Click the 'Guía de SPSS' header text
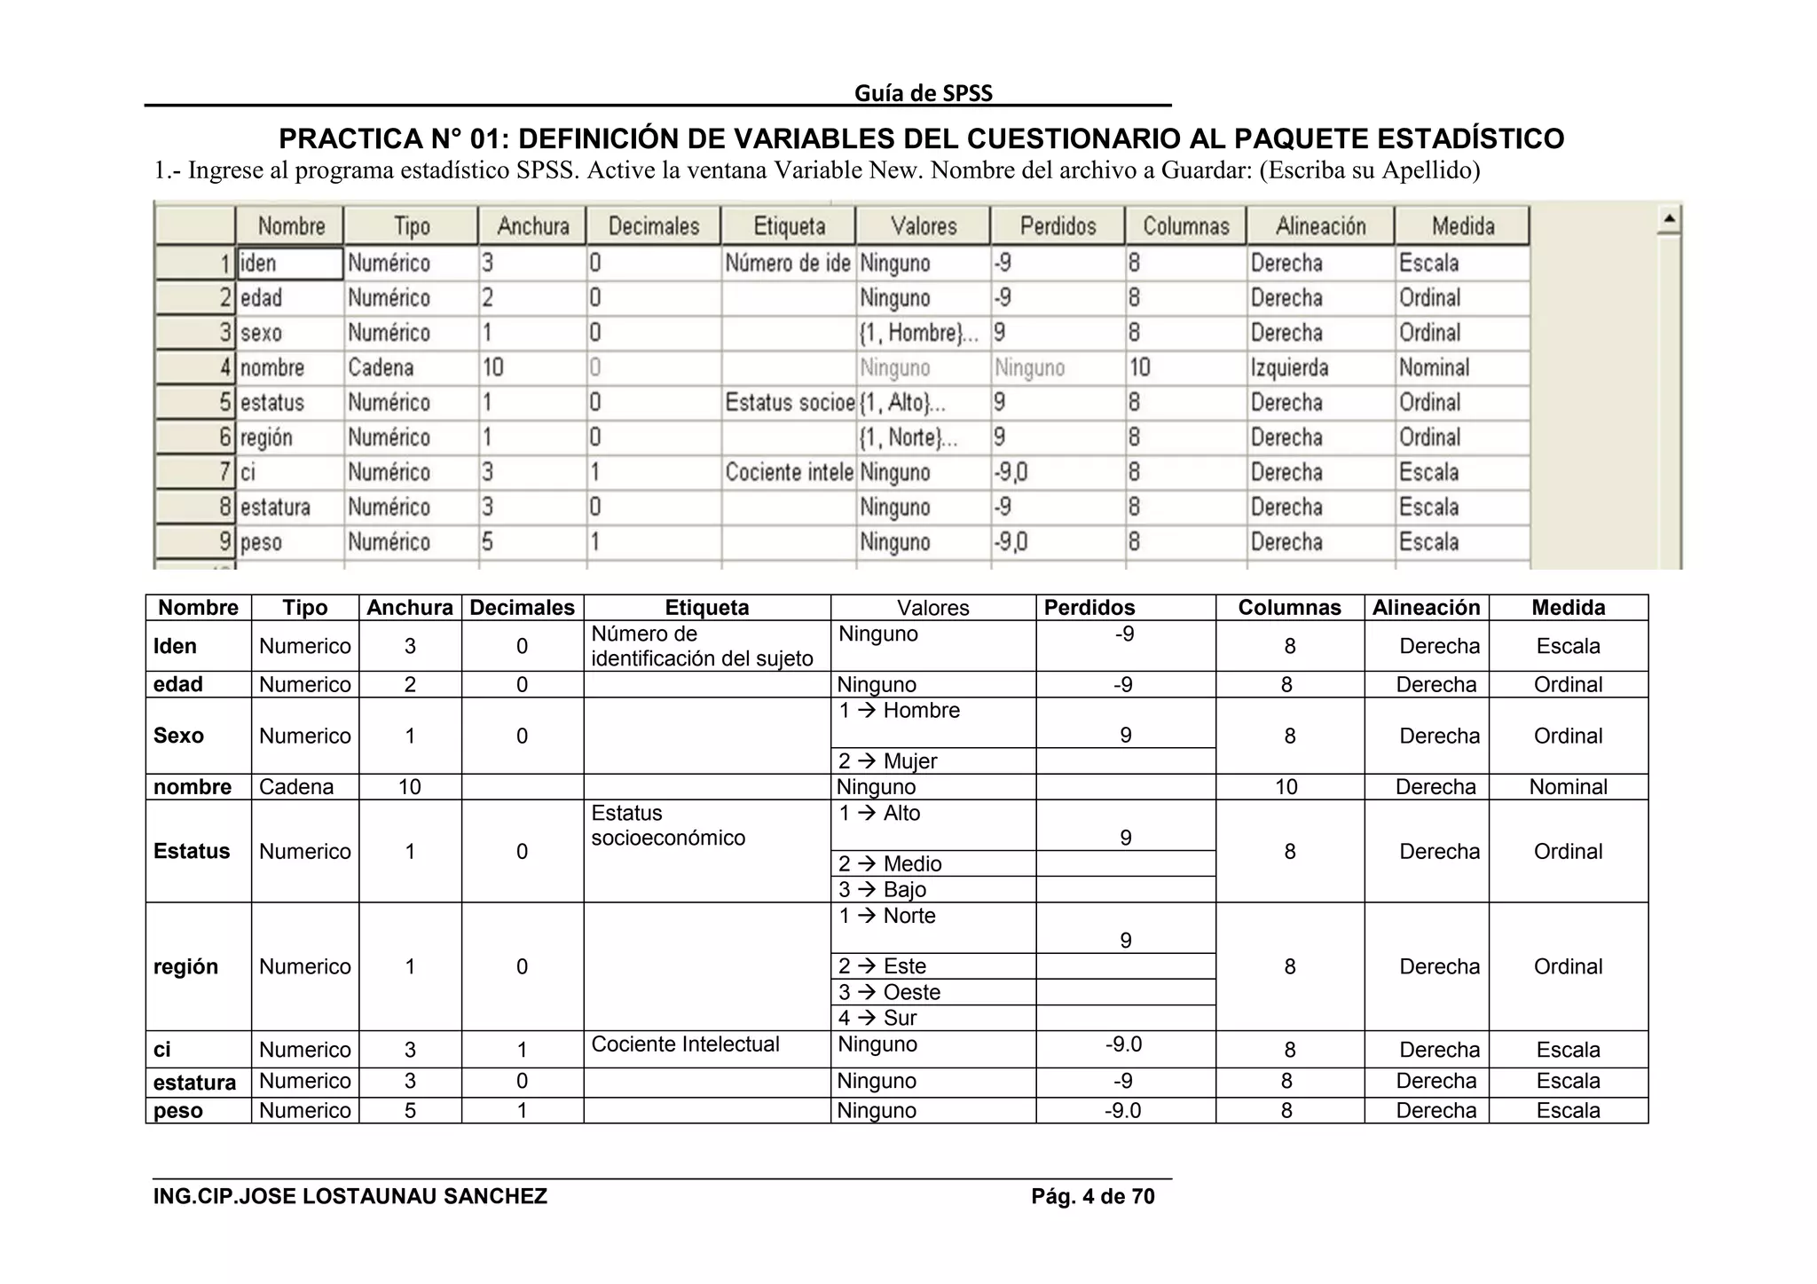(x=923, y=93)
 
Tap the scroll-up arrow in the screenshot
(x=1668, y=218)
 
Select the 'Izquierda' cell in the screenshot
(x=1289, y=367)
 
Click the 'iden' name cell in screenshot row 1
(x=289, y=264)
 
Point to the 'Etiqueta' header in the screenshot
(x=789, y=226)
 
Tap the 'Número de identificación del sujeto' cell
(x=702, y=646)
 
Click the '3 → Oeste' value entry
(x=889, y=992)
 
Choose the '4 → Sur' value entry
(x=877, y=1018)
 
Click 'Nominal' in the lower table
(x=1568, y=787)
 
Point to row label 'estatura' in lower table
(x=194, y=1083)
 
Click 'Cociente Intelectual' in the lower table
(x=685, y=1044)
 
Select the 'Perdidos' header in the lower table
(x=1089, y=608)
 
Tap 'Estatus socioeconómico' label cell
(x=667, y=825)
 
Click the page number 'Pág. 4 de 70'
(x=1092, y=1197)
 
